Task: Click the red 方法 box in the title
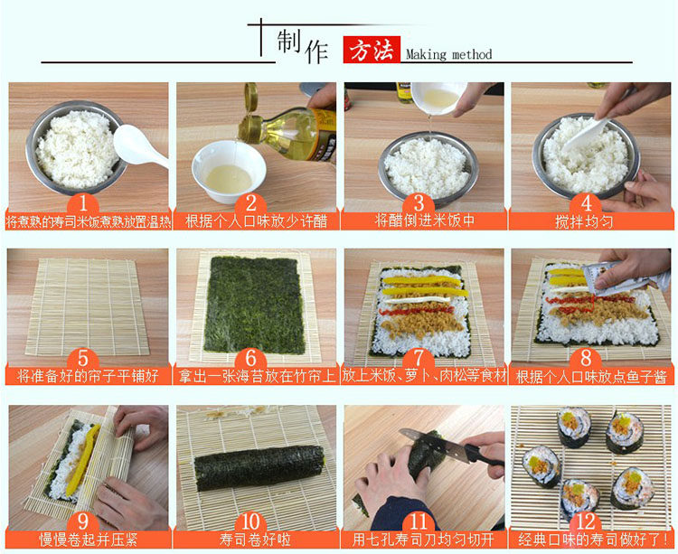pos(372,50)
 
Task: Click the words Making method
pos(448,54)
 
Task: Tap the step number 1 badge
pos(83,203)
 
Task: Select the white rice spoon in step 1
pos(140,146)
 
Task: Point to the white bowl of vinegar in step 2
pos(229,172)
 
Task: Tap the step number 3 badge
pos(419,203)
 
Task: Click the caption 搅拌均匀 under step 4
pos(584,221)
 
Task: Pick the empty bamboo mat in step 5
pos(87,307)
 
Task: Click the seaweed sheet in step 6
pos(255,305)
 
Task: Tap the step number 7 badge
pos(419,358)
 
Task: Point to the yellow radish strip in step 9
pos(83,459)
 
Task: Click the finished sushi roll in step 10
pos(259,467)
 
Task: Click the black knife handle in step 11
pos(485,456)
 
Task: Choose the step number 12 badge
pos(586,521)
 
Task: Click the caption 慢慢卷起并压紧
pos(89,540)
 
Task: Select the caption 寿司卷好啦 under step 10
pos(255,540)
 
